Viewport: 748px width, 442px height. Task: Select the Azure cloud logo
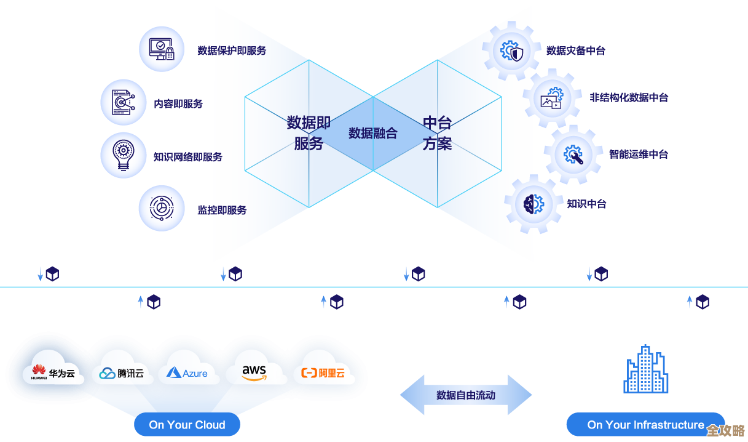coord(187,372)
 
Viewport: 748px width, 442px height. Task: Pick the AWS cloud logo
coord(254,372)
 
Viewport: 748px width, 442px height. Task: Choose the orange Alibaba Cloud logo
coord(323,372)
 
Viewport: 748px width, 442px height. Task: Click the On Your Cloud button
coord(187,425)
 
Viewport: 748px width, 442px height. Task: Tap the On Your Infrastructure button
coord(645,425)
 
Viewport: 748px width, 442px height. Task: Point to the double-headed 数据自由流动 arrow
coord(465,395)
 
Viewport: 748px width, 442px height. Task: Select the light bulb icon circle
coord(124,155)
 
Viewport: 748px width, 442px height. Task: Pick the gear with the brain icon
coord(533,203)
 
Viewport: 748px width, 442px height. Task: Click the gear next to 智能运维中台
coord(573,154)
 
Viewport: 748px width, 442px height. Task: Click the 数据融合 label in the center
coord(372,133)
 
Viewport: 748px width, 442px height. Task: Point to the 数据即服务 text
coord(309,133)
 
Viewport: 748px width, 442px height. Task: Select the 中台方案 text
coord(437,133)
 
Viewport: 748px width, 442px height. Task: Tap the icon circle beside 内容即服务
coord(124,102)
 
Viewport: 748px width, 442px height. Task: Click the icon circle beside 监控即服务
coord(162,208)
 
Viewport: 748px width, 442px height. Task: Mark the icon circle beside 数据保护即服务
coord(162,49)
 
